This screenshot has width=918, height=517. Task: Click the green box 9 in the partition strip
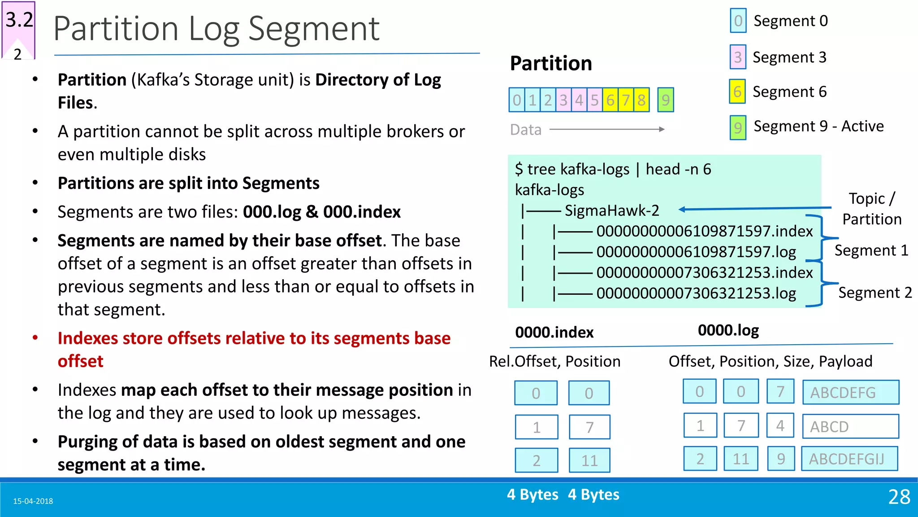click(665, 100)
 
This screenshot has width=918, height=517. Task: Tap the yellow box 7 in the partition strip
click(626, 100)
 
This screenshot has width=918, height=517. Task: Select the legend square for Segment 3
click(738, 57)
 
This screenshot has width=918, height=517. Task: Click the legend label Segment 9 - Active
click(818, 126)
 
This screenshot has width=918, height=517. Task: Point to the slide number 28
click(899, 497)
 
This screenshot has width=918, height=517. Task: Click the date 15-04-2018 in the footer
click(33, 501)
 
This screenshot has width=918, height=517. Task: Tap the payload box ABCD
click(850, 426)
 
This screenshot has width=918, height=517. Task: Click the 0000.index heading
click(554, 333)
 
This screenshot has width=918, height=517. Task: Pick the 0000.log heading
click(728, 330)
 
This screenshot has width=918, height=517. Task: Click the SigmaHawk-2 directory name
click(611, 210)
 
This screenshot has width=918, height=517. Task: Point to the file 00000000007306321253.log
click(696, 293)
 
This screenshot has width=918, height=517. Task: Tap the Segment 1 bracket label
click(871, 250)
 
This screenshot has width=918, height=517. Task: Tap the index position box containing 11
click(589, 460)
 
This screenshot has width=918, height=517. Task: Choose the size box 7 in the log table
click(780, 392)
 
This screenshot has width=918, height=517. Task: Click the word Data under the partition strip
click(525, 130)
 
